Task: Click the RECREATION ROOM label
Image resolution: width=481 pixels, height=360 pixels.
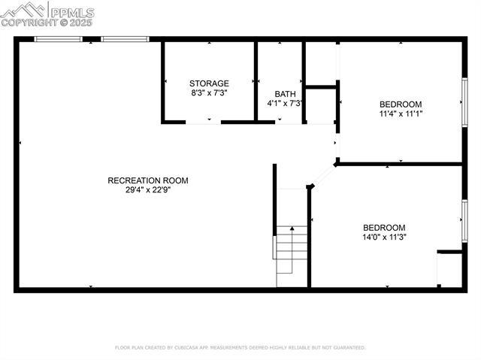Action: pos(147,180)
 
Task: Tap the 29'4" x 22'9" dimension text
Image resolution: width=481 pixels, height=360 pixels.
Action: pos(147,190)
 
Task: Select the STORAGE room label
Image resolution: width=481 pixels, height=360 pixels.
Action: pos(209,83)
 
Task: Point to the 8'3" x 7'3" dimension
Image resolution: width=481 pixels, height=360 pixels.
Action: pos(209,93)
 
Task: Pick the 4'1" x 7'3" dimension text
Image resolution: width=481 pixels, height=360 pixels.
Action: pos(284,103)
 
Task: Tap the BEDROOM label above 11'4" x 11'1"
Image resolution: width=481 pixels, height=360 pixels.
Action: pos(400,104)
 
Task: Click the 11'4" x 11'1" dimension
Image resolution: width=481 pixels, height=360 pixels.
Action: pos(400,114)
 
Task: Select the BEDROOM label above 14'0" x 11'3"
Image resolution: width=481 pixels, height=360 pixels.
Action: pos(384,228)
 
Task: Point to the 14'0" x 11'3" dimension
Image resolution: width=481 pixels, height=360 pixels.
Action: pos(384,237)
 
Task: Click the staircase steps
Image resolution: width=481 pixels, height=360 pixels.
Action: pos(292,252)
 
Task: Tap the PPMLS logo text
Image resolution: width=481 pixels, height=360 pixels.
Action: pos(72,13)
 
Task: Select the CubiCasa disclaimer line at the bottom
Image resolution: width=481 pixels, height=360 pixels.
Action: pos(240,348)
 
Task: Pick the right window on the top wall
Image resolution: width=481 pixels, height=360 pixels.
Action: pos(125,39)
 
